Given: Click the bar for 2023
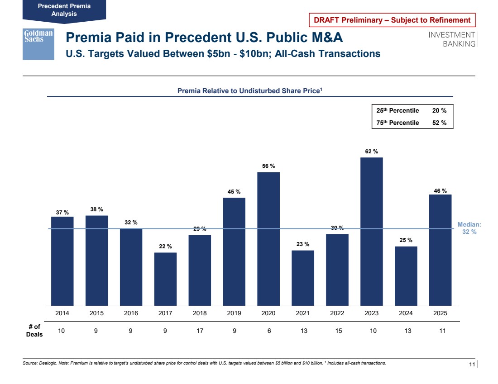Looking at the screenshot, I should [x=372, y=231].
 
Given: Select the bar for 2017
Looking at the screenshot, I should [x=165, y=279].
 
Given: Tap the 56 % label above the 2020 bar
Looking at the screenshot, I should [x=268, y=166].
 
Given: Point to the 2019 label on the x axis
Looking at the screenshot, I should [x=234, y=313].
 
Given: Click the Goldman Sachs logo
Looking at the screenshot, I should [x=38, y=44].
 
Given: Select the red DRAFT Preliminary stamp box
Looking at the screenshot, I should [x=392, y=20].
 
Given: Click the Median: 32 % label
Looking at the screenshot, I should [x=469, y=228].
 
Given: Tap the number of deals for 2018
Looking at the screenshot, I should [x=200, y=331].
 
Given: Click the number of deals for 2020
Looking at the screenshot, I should [x=269, y=331].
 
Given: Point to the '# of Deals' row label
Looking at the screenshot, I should [x=34, y=331].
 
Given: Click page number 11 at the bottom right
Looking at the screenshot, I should [x=472, y=365].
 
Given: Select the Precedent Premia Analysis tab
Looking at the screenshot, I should [x=64, y=10].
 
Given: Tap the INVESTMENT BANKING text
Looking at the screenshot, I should [x=452, y=39].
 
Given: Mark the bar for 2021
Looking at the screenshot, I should [x=303, y=278].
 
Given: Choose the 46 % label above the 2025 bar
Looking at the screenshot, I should [x=441, y=191].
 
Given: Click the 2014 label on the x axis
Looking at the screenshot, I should [x=62, y=313].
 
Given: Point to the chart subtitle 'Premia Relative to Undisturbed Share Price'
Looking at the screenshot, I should [x=249, y=91].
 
